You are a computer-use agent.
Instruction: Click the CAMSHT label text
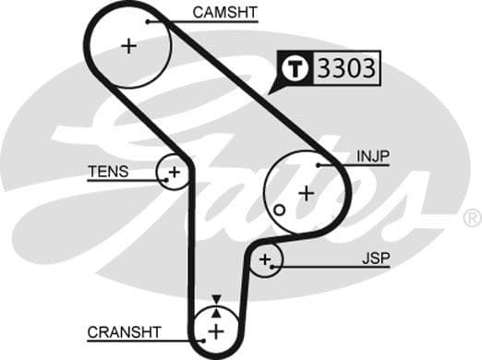pyautogui.click(x=225, y=13)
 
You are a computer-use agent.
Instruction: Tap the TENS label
pyautogui.click(x=108, y=172)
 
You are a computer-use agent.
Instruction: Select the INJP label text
pyautogui.click(x=373, y=157)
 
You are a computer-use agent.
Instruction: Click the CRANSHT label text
pyautogui.click(x=125, y=331)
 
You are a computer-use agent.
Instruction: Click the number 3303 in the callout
pyautogui.click(x=348, y=67)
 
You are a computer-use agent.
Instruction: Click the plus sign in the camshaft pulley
pyautogui.click(x=128, y=45)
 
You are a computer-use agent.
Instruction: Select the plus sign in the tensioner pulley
pyautogui.click(x=173, y=172)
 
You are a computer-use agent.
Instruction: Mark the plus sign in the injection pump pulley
pyautogui.click(x=306, y=193)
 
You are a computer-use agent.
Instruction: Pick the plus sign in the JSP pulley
pyautogui.click(x=266, y=260)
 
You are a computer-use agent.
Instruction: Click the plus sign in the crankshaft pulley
pyautogui.click(x=215, y=330)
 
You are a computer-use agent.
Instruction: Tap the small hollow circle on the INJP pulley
pyautogui.click(x=278, y=210)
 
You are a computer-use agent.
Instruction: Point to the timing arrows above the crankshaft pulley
pyautogui.click(x=215, y=302)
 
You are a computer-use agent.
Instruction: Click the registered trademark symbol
pyautogui.click(x=472, y=219)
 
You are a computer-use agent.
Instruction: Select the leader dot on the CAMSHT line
pyautogui.click(x=146, y=20)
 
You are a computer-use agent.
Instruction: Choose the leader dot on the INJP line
pyautogui.click(x=319, y=164)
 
